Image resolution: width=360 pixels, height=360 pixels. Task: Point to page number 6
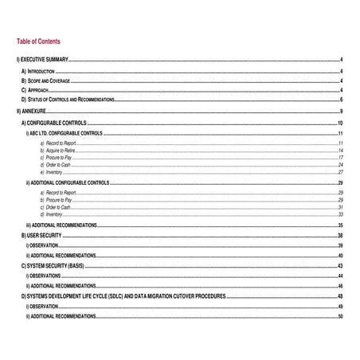(341, 100)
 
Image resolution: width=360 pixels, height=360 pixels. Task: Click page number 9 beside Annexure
(341, 112)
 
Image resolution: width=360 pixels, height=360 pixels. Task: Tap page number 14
(340, 151)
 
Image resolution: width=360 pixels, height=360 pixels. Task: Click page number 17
(340, 158)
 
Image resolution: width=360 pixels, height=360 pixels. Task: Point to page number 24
(340, 165)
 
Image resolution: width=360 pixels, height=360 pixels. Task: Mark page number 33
(340, 214)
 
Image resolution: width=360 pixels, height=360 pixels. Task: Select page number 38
(340, 237)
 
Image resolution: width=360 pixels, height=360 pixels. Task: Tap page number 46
(340, 285)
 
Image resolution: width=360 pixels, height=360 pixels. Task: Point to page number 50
(340, 317)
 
